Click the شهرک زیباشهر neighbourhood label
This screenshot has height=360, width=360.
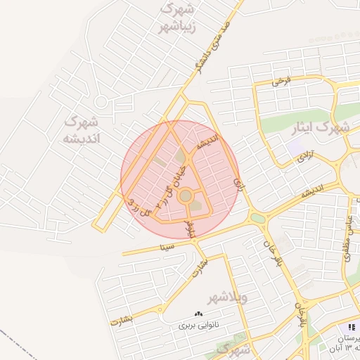coord(177,18)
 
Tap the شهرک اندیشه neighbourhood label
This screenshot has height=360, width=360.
coord(83,129)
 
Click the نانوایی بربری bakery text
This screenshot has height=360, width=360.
coord(199,326)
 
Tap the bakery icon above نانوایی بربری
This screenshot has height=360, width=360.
coord(198,314)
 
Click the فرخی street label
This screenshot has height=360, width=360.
coord(281,82)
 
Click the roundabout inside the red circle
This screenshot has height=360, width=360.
coord(185,196)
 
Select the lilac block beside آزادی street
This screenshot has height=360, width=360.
coord(294,148)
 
